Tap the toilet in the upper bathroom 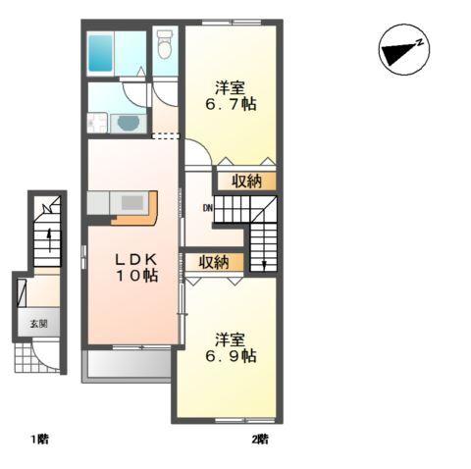coord(164,43)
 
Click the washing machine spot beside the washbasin coord(97,124)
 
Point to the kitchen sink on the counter coord(131,201)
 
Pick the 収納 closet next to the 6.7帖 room coord(247,181)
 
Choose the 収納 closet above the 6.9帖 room coord(214,262)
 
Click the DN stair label coord(208,208)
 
